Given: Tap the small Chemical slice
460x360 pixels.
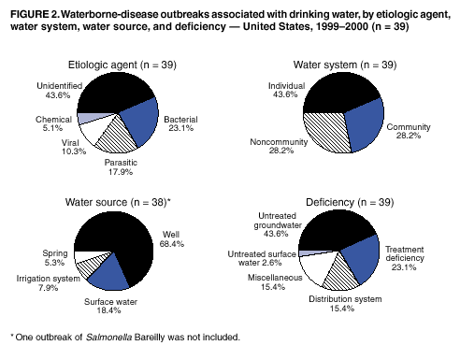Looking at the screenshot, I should point(90,117).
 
